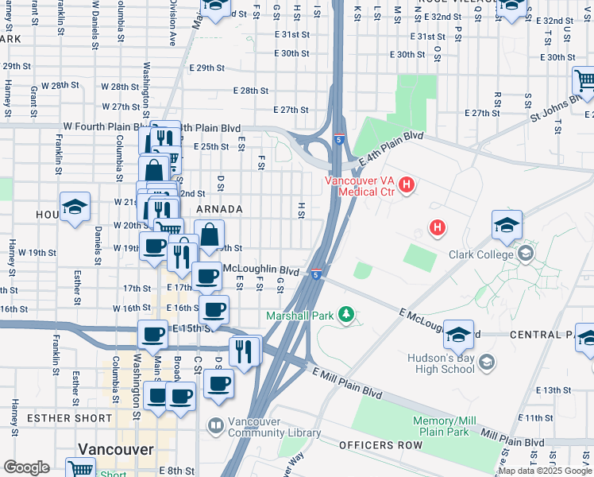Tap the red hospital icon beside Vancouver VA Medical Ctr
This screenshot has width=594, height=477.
pos(407,186)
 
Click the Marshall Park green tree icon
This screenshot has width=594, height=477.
pos(345,316)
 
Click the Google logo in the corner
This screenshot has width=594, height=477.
pos(26,467)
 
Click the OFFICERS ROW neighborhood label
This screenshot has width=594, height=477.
pos(380,445)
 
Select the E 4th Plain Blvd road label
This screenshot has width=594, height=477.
pos(390,149)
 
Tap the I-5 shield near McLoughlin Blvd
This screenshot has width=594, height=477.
pos(316,275)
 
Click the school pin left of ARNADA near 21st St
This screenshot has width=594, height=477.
pos(75,209)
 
